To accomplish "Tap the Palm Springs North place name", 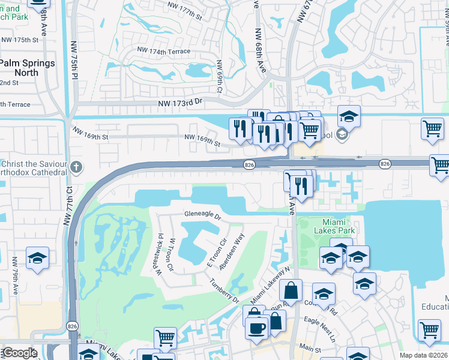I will point(27,68).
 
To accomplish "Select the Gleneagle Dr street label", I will point(203,215).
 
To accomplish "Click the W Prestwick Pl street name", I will point(160,255).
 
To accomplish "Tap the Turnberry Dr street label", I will point(224,291).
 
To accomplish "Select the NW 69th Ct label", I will point(220,76).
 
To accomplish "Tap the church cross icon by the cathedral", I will point(76,167).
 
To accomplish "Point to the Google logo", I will point(19,353).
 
